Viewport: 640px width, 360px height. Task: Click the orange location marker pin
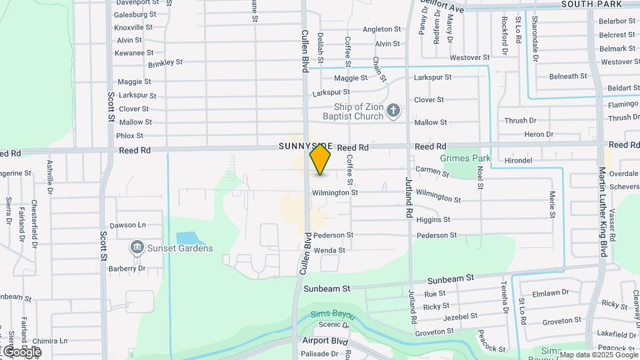(x=321, y=159)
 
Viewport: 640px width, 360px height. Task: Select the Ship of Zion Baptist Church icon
(x=393, y=111)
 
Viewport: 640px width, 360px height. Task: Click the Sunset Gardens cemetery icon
(x=137, y=248)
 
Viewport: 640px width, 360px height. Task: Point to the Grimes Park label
(x=465, y=159)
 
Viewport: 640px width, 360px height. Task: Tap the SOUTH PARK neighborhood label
(x=592, y=4)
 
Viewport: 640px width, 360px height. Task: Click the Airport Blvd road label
(x=325, y=341)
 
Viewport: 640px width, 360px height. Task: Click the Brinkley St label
(x=165, y=63)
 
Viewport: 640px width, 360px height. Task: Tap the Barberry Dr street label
(x=127, y=269)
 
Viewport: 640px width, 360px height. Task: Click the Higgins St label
(x=433, y=219)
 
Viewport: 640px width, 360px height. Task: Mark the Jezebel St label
(x=460, y=317)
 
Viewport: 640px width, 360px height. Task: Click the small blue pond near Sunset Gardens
(x=187, y=238)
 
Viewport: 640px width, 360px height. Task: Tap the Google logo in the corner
(x=21, y=351)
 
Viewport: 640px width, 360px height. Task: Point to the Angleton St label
(x=381, y=29)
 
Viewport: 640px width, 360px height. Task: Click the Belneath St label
(x=549, y=77)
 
